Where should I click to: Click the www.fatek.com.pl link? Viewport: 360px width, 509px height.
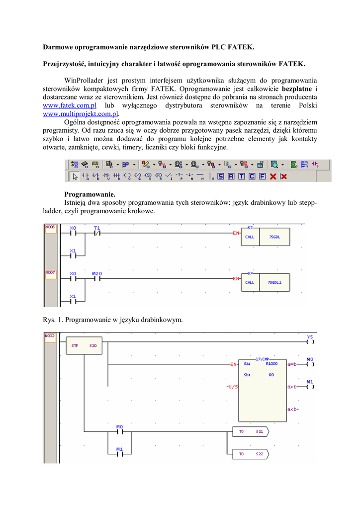point(70,106)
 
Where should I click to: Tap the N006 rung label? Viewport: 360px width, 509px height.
point(50,227)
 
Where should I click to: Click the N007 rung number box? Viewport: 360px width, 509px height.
point(50,273)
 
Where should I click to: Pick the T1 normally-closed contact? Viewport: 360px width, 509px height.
point(97,233)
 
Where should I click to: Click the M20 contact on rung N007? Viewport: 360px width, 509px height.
point(97,278)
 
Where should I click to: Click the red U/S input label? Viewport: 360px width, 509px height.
point(231,386)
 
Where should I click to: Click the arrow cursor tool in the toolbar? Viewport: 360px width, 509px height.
point(75,176)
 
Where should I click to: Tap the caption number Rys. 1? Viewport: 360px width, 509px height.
point(52,320)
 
